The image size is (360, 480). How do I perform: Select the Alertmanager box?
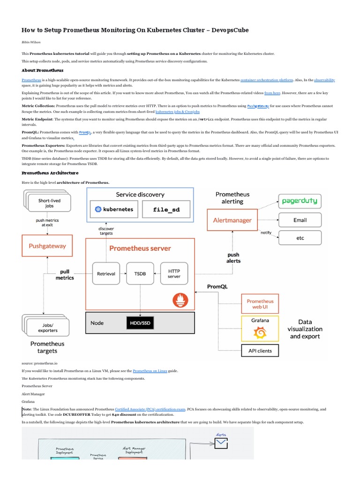tap(232, 220)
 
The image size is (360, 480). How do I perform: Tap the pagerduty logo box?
tap(300, 201)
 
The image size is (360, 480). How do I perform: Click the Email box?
tap(300, 220)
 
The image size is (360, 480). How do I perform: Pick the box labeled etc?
tap(300, 238)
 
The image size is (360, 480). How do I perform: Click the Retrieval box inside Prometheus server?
tap(106, 274)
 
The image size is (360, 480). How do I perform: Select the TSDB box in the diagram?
tap(140, 274)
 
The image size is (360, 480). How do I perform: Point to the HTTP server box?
tap(174, 274)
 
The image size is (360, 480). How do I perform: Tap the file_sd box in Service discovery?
tap(166, 210)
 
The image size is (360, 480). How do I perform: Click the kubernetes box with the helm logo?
tap(113, 210)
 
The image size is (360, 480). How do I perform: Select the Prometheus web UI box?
tap(260, 304)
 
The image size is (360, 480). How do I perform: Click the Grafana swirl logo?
tap(260, 333)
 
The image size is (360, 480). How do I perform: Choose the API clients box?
tap(260, 350)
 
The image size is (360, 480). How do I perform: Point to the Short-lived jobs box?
tap(49, 203)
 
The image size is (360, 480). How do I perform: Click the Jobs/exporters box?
tap(48, 327)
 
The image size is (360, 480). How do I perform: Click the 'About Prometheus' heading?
tap(43, 70)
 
